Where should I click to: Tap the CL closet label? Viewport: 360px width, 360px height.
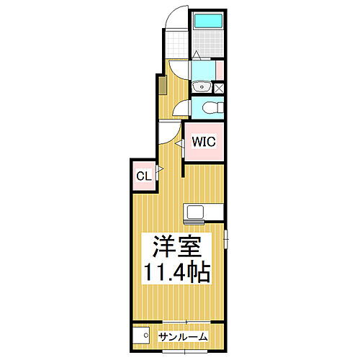tap(143, 175)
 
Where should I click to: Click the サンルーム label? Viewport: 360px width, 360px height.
tap(184, 336)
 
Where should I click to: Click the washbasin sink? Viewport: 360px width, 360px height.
tap(202, 88)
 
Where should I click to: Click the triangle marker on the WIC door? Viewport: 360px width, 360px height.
tap(181, 145)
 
